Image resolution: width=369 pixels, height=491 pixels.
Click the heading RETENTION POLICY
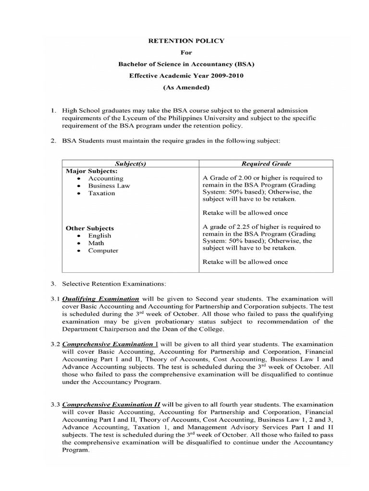185,41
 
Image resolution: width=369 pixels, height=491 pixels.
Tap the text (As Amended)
185,87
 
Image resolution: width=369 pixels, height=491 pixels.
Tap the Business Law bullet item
109,186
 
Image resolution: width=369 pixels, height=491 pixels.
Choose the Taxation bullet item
101,193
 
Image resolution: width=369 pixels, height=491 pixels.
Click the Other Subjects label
89,228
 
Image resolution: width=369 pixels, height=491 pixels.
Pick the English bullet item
99,236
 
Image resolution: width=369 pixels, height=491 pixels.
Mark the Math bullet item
96,243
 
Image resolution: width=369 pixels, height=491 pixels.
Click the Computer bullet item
103,251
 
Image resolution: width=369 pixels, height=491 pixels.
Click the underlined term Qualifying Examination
100,299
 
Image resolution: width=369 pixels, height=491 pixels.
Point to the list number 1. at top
54,111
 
